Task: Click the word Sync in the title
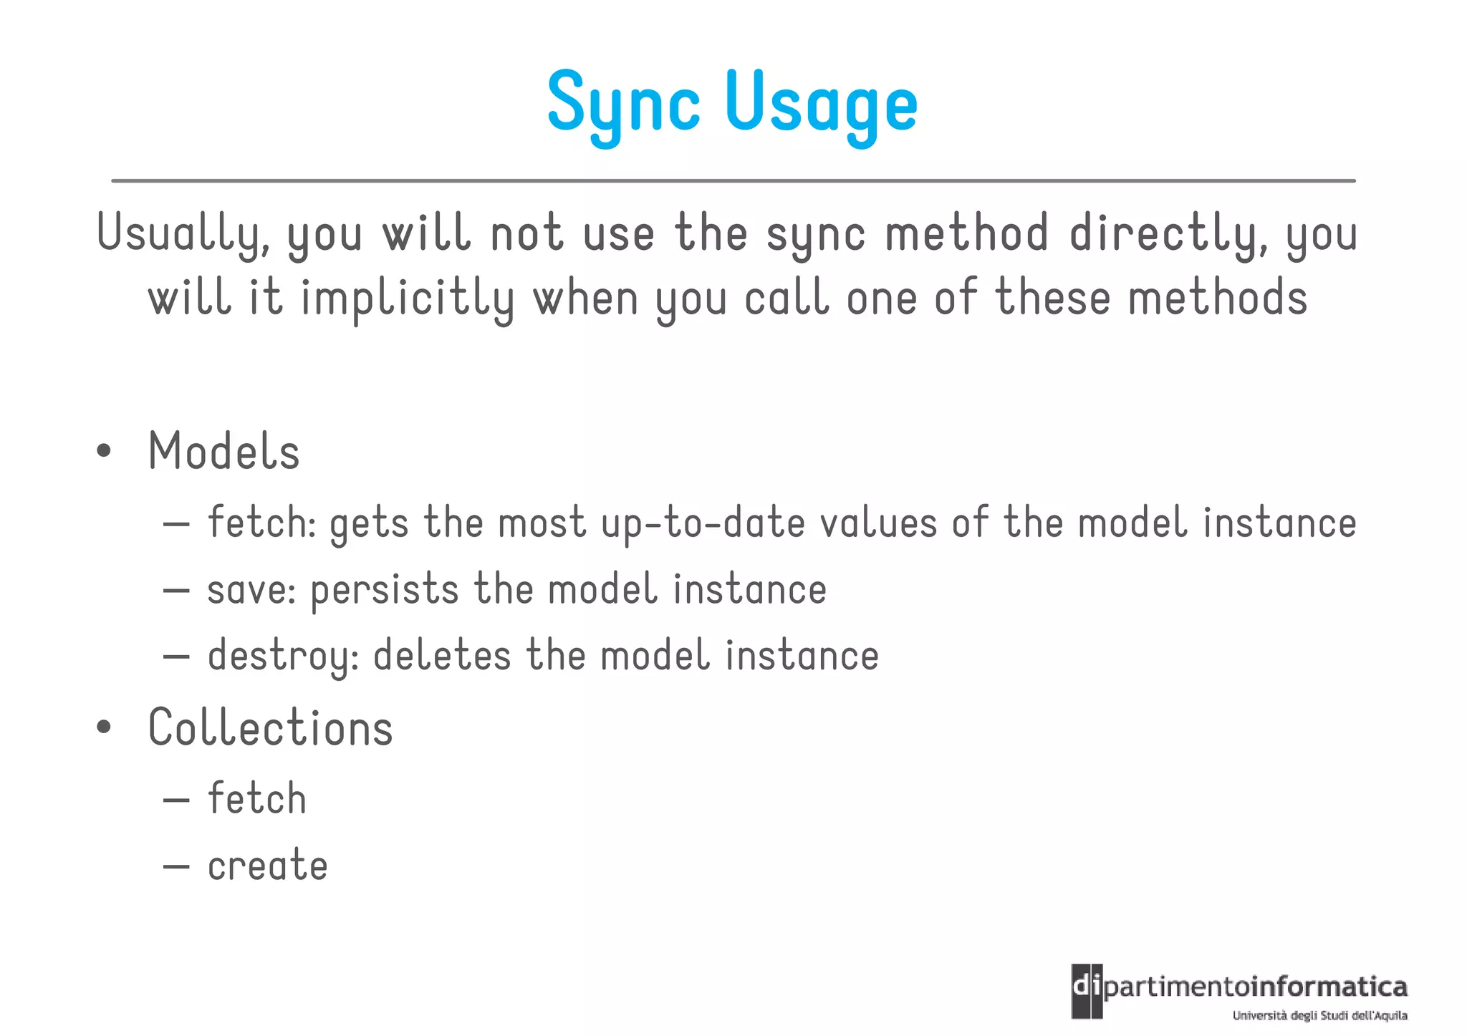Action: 623,104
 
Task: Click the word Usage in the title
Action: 821,104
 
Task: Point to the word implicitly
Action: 408,299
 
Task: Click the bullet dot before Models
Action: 105,451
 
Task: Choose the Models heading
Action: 224,452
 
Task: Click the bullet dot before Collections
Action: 105,727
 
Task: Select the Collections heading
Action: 271,727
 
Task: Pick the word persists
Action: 385,591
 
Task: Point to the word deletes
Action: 442,656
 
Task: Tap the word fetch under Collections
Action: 257,798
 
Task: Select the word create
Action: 268,866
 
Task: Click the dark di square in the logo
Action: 1087,991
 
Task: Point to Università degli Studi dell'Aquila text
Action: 1319,1015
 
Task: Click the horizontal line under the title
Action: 733,181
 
